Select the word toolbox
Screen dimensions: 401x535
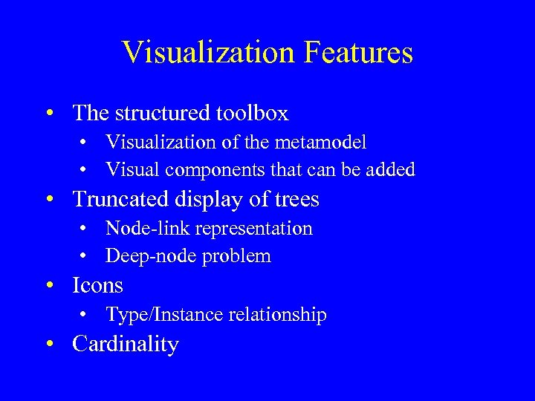(252, 114)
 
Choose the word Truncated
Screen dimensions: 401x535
(122, 200)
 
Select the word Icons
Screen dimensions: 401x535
(97, 286)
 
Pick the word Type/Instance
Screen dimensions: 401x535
(153, 315)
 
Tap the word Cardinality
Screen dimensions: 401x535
(126, 345)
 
